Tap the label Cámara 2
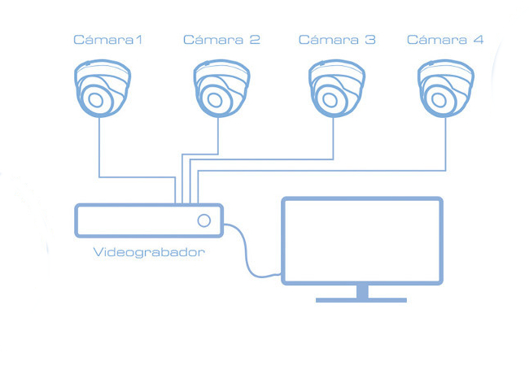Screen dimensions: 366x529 click(x=221, y=39)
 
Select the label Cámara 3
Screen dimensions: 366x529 click(x=337, y=39)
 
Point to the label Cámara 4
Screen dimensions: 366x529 click(x=444, y=39)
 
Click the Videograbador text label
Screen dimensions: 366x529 click(x=149, y=252)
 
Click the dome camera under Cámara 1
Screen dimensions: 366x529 click(x=100, y=89)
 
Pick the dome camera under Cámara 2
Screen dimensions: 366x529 click(x=219, y=89)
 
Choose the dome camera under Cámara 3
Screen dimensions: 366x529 click(x=334, y=89)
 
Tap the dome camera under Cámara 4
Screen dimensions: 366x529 click(x=444, y=89)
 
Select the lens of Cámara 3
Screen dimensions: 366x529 click(x=330, y=100)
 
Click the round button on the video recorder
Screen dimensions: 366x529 click(x=203, y=220)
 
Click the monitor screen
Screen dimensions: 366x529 click(x=361, y=241)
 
